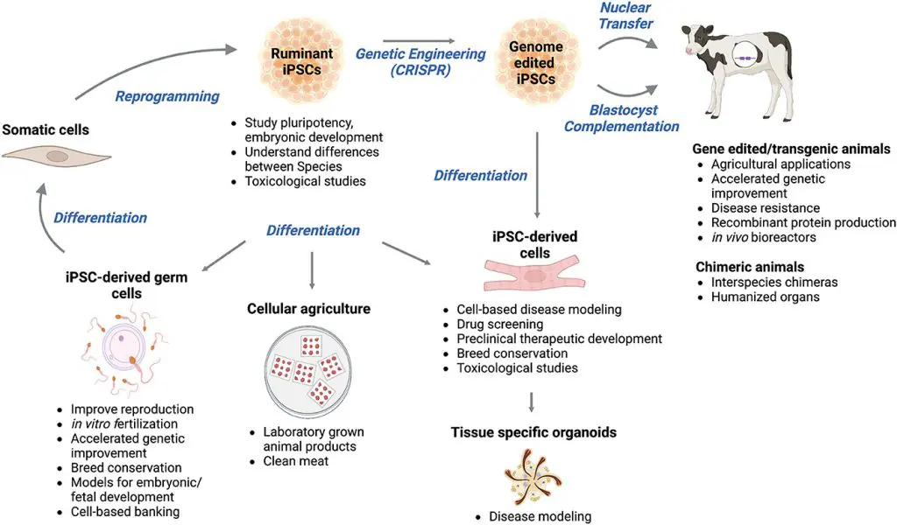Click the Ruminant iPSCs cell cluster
tap(302, 62)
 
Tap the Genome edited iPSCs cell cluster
tap(535, 63)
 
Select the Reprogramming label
tap(167, 96)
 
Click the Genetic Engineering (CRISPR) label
tap(420, 62)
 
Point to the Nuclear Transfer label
tap(625, 16)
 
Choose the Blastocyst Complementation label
tap(622, 118)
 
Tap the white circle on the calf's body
tap(745, 59)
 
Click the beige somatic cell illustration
tap(56, 157)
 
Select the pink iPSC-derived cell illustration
tap(535, 276)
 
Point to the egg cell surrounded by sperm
tap(121, 346)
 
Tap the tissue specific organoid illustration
tap(533, 478)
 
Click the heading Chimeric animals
tap(750, 267)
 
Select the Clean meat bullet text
tap(296, 461)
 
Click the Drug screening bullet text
tap(500, 324)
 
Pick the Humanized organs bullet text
tap(766, 297)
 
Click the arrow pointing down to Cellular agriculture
tap(312, 270)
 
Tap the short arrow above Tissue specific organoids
tap(532, 402)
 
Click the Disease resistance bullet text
tap(766, 208)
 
